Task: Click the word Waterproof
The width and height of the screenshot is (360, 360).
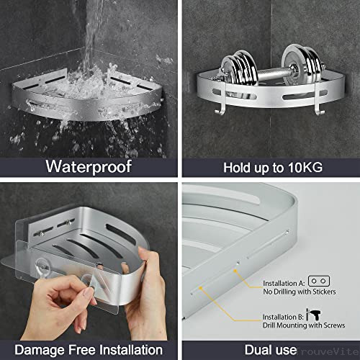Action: coord(89,167)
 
